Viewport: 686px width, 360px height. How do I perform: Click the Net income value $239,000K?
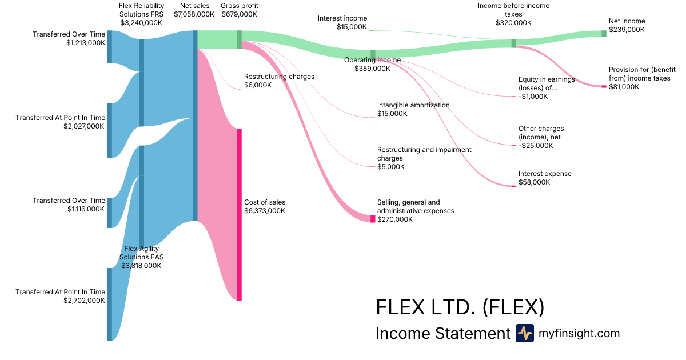pos(627,30)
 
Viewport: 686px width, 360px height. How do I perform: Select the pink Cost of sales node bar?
pos(240,214)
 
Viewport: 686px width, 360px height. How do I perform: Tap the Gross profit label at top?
pos(239,6)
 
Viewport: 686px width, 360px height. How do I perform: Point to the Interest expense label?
pos(544,174)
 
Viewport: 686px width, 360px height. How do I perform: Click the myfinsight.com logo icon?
pos(524,333)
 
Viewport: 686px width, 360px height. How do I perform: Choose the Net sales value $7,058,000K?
pos(194,14)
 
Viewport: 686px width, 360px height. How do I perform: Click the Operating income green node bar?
pos(373,55)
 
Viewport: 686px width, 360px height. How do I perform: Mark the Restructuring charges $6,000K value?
pos(258,85)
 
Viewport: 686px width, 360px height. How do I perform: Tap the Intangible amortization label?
pos(413,105)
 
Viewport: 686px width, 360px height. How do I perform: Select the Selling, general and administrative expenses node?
pos(373,219)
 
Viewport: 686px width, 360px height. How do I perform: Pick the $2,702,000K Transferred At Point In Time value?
pos(84,301)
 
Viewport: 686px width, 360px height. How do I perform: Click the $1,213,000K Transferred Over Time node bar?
pos(110,47)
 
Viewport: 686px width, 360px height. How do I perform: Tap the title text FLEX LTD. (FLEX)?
pos(460,307)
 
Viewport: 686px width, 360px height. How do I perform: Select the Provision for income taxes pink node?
pos(604,86)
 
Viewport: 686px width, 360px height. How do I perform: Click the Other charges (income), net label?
pos(541,133)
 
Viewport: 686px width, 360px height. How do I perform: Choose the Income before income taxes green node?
pos(513,43)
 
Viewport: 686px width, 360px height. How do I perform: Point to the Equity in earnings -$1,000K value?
pos(533,97)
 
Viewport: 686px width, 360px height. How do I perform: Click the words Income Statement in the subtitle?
pos(442,333)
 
